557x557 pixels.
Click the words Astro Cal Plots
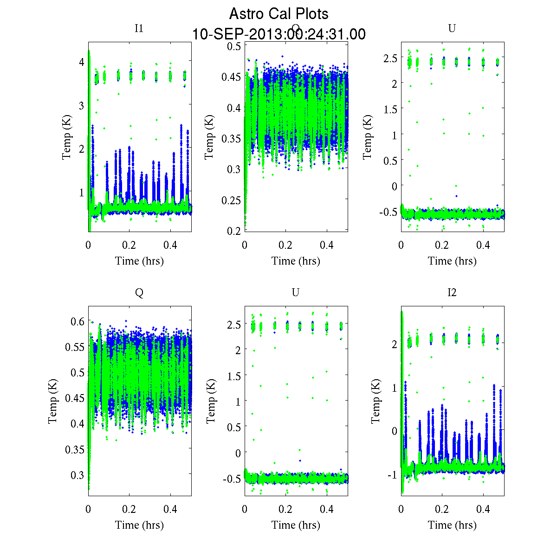[x=278, y=14]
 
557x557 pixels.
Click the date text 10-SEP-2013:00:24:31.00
[x=278, y=34]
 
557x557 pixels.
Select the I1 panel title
[x=139, y=28]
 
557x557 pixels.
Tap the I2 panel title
[x=452, y=292]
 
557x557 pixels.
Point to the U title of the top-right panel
[x=452, y=28]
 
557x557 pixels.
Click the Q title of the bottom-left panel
[x=139, y=292]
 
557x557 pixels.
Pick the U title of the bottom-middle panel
[x=295, y=292]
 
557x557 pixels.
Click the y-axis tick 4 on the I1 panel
[x=81, y=62]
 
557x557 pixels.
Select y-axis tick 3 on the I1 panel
[x=81, y=105]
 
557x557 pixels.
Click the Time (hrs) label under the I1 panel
[x=139, y=261]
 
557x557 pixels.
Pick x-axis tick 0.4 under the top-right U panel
[x=483, y=246]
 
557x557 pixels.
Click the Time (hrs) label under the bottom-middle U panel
[x=296, y=525]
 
